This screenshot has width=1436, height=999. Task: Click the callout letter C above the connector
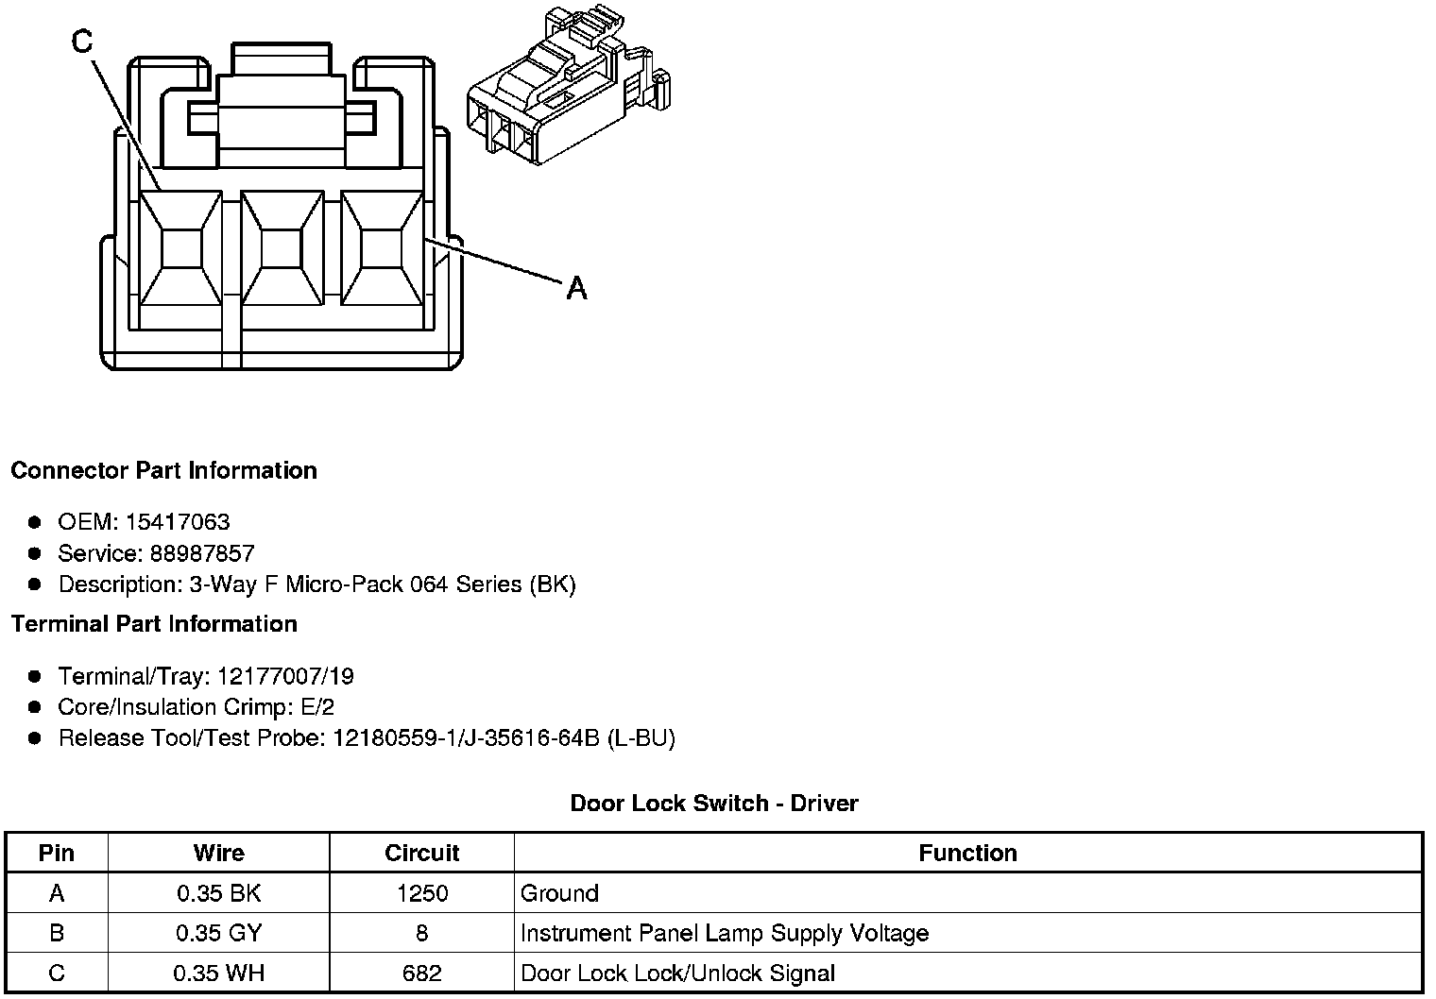83,42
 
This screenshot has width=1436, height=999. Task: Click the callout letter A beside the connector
576,287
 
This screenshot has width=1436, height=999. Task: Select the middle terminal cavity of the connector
280,248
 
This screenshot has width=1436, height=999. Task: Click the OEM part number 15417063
178,522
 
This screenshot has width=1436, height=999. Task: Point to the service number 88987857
202,553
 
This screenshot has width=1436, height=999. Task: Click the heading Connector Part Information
163,470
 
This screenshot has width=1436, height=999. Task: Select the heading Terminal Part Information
154,624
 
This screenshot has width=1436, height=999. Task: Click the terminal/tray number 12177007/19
285,676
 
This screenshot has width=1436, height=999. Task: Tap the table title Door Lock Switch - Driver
714,804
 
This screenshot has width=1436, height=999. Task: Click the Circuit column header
421,853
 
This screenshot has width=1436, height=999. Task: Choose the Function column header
967,853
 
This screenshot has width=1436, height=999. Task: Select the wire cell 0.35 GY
218,933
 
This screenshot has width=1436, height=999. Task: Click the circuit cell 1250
421,893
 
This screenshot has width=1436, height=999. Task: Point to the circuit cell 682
421,973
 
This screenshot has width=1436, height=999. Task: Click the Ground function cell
559,893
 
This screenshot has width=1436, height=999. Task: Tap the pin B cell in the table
57,933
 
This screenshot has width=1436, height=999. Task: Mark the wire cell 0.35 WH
218,973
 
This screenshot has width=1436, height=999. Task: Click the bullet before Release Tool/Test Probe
35,738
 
